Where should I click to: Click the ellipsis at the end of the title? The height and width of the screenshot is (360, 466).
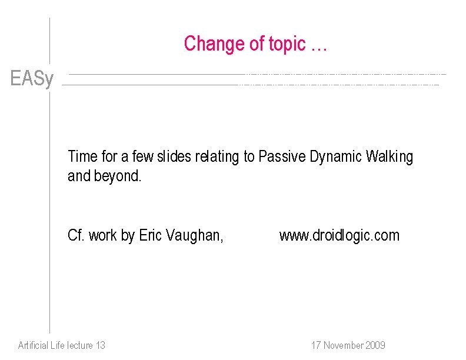318,46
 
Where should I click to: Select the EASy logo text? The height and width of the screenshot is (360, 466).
32,79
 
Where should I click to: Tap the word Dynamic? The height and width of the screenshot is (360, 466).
337,156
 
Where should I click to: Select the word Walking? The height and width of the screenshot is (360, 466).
390,156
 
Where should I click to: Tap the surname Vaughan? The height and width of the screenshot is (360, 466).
195,236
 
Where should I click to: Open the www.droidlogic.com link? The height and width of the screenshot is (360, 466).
339,236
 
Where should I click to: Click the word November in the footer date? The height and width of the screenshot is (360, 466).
344,345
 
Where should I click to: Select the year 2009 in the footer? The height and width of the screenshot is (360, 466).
375,345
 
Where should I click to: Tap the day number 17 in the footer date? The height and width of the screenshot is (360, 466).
317,345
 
